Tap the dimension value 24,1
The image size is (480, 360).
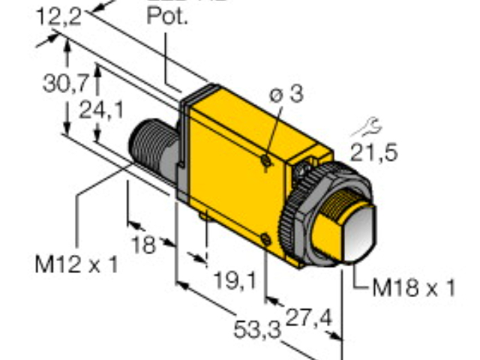point(103,110)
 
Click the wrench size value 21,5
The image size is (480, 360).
point(374,152)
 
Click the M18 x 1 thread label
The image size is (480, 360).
point(415,288)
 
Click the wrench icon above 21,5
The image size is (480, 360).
point(371,127)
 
